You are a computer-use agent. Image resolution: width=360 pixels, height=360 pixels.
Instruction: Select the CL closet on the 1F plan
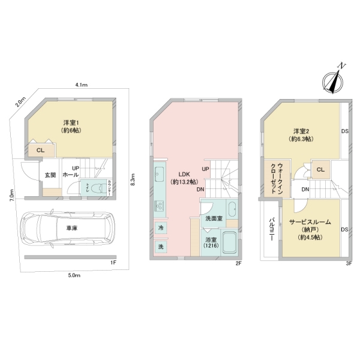pyautogui.click(x=40, y=150)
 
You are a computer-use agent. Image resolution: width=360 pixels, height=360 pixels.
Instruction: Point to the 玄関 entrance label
pyautogui.click(x=50, y=175)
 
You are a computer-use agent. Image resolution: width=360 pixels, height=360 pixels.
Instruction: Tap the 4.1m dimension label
pyautogui.click(x=82, y=86)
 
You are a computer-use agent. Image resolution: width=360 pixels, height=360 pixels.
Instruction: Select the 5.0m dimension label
pyautogui.click(x=74, y=275)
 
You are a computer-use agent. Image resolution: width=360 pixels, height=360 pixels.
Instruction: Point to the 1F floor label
pyautogui.click(x=112, y=263)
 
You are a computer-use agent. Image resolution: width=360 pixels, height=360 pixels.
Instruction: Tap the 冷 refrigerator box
pyautogui.click(x=161, y=228)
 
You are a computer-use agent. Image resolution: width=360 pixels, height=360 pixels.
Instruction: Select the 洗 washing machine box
pyautogui.click(x=161, y=246)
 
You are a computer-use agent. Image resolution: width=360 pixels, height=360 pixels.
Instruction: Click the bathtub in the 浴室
pyautogui.click(x=228, y=244)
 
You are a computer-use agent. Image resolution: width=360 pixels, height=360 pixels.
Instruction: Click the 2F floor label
pyautogui.click(x=238, y=263)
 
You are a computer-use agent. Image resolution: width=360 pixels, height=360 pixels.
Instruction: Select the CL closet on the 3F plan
pyautogui.click(x=320, y=169)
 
